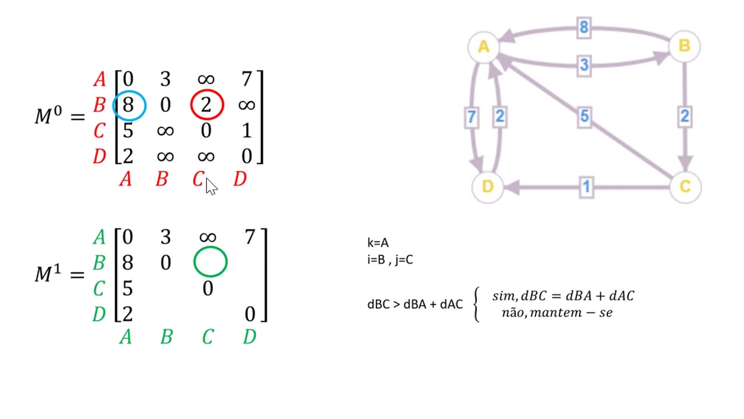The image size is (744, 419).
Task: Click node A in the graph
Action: click(484, 47)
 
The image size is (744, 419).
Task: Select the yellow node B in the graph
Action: click(684, 46)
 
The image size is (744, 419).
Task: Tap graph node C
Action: click(685, 187)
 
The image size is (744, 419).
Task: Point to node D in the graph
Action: click(487, 187)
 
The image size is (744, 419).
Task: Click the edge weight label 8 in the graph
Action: click(584, 27)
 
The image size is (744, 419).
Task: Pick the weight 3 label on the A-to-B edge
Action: click(584, 65)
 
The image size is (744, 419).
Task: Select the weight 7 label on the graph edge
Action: click(471, 117)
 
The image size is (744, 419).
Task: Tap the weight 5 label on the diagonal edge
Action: click(584, 117)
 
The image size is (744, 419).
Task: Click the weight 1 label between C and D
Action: click(586, 187)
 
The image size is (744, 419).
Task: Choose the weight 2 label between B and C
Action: click(684, 117)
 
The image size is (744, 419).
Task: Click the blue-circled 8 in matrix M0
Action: click(128, 105)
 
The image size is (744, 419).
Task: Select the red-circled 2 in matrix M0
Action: click(207, 105)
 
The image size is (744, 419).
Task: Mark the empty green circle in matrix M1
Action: click(210, 262)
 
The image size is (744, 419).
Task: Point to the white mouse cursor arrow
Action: click(210, 187)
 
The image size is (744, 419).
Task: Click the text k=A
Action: click(378, 243)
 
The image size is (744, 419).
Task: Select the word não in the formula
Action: click(513, 313)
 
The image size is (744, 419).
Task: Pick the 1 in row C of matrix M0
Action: click(247, 131)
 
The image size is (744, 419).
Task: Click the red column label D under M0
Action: click(239, 180)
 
